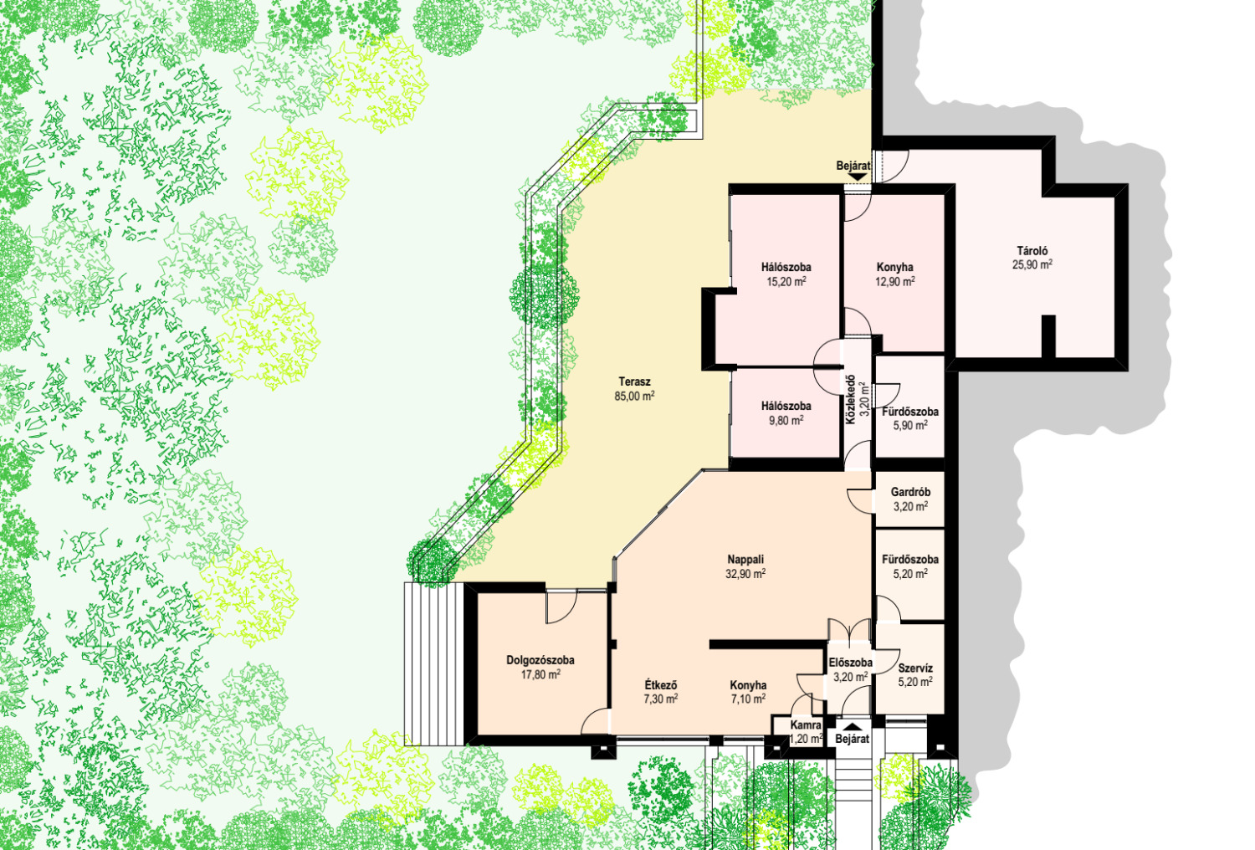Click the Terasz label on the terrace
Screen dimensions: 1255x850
point(634,381)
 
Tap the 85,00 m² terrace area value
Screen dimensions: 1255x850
point(634,397)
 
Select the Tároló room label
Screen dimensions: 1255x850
point(1032,251)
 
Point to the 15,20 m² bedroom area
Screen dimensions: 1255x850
point(786,281)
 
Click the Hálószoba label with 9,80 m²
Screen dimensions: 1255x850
point(786,406)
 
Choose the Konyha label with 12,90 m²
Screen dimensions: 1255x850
point(894,267)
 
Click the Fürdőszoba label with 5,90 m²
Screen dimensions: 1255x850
point(910,412)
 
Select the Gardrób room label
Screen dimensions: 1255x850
point(910,492)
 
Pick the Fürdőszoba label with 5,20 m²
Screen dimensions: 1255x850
point(910,559)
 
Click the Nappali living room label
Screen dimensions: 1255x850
point(745,559)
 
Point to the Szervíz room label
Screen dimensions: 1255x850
point(915,668)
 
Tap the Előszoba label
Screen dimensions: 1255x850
point(851,663)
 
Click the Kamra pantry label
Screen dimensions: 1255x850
point(806,725)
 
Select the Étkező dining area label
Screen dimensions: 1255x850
point(661,684)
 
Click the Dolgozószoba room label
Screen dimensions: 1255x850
point(540,660)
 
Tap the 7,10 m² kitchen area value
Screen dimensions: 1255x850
point(748,699)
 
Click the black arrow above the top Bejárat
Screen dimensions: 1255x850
point(857,177)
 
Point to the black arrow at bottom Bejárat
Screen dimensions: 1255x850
point(853,727)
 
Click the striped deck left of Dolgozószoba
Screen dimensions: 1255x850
point(433,664)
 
